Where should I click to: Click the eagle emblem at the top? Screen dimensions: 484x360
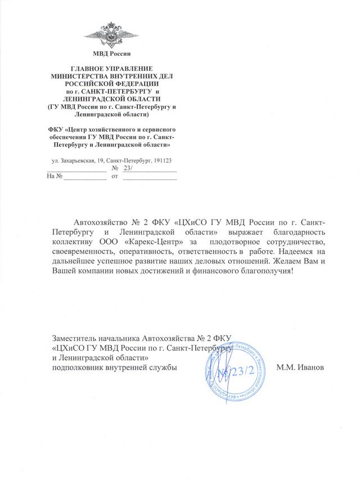(x=115, y=34)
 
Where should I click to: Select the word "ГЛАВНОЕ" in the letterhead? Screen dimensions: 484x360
(x=85, y=67)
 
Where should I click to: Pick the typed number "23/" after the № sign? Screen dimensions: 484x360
(x=129, y=168)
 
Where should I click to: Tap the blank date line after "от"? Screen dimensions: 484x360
(x=150, y=177)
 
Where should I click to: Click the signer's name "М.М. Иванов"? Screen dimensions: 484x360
(x=301, y=368)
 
